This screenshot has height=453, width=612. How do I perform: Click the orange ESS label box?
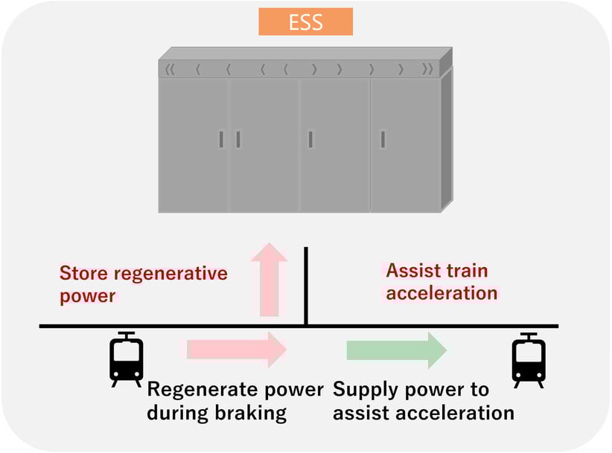click(x=305, y=22)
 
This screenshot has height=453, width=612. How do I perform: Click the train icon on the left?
click(x=127, y=359)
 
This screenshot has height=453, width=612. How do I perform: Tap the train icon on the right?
click(x=529, y=359)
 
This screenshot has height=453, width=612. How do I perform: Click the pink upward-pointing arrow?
click(x=269, y=279)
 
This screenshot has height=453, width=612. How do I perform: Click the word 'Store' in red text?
click(x=83, y=273)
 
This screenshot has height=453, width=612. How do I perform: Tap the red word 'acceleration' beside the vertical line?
click(x=442, y=293)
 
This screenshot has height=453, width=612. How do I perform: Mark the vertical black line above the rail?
click(x=306, y=286)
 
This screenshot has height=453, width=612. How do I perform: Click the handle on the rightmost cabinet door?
click(x=383, y=139)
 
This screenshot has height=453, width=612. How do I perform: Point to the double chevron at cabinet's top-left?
click(x=170, y=71)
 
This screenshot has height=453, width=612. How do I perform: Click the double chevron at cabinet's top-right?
click(x=427, y=71)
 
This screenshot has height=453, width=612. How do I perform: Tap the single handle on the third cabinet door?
click(x=310, y=139)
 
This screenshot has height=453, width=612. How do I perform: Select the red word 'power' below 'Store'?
click(x=88, y=296)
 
